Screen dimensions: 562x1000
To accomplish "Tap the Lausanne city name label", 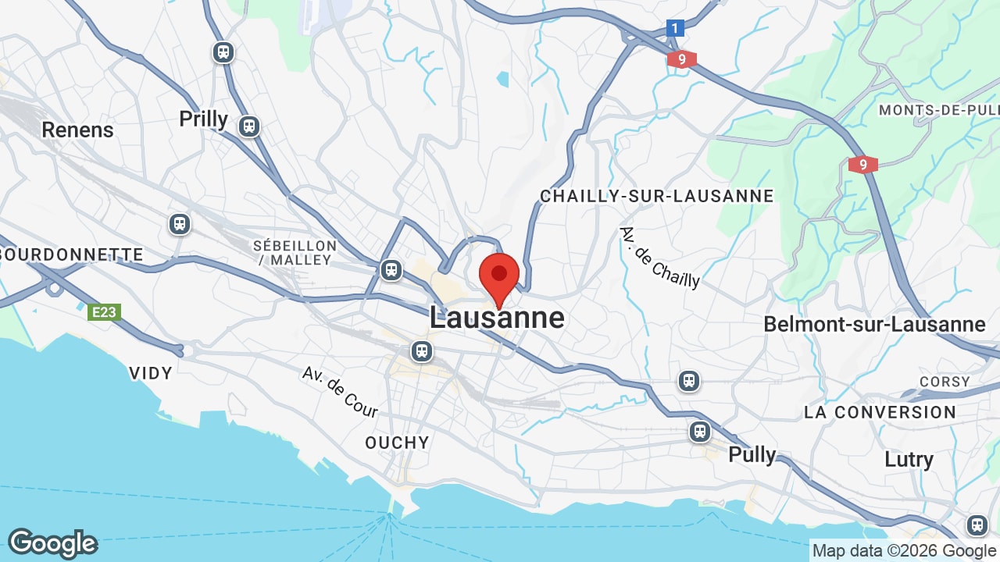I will (x=497, y=318).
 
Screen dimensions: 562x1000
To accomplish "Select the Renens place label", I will (x=77, y=130).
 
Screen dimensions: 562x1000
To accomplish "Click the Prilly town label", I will (x=203, y=119).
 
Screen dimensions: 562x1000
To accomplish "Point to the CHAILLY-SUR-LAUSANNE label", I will (x=657, y=196).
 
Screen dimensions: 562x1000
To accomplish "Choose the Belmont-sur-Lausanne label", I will (x=874, y=324).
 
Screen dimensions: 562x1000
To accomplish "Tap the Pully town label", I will (x=752, y=454).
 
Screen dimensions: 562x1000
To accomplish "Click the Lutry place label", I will (x=909, y=459).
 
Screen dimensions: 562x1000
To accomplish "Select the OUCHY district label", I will (x=398, y=443).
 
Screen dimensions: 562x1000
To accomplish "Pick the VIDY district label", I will (x=151, y=373).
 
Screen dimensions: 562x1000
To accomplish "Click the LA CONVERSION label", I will (x=880, y=412).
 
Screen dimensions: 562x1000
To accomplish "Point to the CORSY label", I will (x=945, y=382).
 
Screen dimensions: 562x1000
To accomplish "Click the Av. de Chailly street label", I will (x=659, y=258).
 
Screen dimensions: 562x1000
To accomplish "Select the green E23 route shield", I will (x=103, y=313).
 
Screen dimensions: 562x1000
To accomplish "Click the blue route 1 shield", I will (x=676, y=29).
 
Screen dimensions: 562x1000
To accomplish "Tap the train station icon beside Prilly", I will (x=249, y=126).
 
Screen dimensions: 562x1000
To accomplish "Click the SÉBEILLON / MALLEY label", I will (x=295, y=253).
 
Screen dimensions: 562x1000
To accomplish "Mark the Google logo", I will (x=52, y=543).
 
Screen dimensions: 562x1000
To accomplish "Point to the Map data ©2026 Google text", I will (x=905, y=550).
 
